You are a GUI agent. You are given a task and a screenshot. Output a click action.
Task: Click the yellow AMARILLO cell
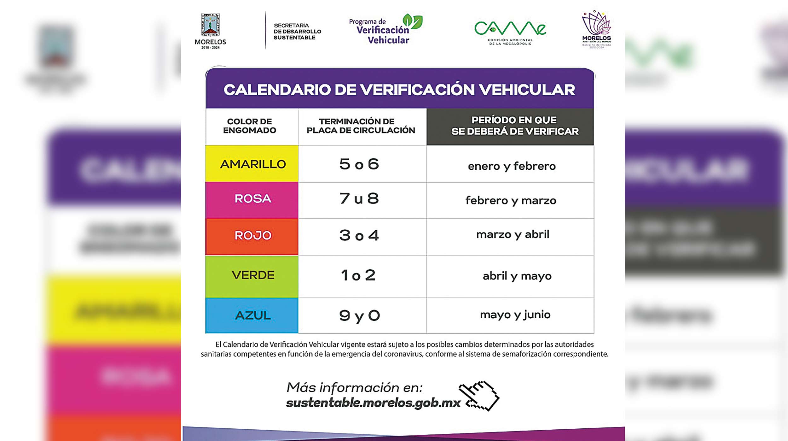click(252, 164)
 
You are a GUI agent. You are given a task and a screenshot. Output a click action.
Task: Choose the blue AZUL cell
click(252, 315)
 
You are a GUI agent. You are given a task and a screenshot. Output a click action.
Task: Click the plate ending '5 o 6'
click(359, 164)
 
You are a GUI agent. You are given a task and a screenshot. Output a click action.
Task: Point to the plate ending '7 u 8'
click(359, 199)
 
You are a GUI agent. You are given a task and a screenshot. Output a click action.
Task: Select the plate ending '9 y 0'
click(359, 315)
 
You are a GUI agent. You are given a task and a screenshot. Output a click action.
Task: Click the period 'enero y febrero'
click(512, 166)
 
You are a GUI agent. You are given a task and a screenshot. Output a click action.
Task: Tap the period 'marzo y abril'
click(513, 235)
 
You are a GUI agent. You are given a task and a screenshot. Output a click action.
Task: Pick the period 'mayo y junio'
click(515, 315)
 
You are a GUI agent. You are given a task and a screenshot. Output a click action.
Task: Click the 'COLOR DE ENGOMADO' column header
click(250, 126)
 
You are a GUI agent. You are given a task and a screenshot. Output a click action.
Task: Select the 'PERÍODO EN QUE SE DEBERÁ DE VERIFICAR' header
click(514, 126)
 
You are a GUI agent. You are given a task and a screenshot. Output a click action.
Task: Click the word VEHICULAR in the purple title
click(527, 90)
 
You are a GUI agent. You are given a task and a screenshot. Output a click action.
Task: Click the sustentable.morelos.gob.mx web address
click(373, 403)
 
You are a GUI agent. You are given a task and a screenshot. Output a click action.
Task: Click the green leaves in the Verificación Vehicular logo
click(413, 21)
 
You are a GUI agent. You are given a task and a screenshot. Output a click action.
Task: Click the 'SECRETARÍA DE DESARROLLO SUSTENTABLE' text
click(297, 32)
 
